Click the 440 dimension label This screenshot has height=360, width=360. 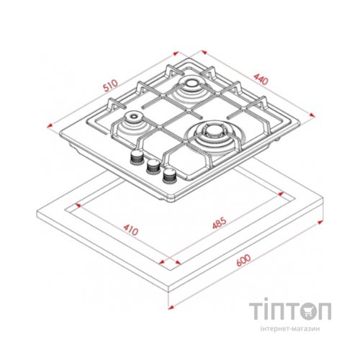(261, 79)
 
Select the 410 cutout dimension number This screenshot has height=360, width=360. (131, 230)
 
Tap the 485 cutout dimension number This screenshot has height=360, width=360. (220, 223)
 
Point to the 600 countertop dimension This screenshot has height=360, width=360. (243, 260)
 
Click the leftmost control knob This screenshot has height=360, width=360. (137, 158)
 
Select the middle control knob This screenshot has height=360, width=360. (153, 166)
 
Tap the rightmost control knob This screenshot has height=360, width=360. (170, 176)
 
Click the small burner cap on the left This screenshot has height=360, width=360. (133, 117)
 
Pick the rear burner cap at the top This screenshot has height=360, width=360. (192, 84)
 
